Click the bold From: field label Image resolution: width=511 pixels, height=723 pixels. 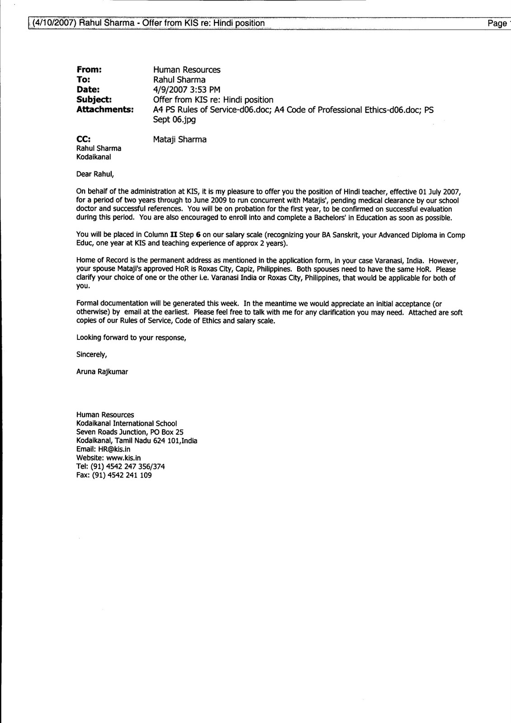[89, 70]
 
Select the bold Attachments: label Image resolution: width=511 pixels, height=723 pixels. [105, 110]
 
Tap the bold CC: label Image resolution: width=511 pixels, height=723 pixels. [84, 139]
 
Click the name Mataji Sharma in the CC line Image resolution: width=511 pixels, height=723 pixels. [180, 139]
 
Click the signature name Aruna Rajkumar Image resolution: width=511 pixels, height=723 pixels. [102, 372]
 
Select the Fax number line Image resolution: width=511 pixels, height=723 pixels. [114, 475]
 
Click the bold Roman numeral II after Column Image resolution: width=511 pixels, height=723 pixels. [172, 235]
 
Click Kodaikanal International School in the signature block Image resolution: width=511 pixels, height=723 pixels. [126, 423]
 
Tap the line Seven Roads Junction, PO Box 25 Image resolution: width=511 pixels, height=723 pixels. [130, 432]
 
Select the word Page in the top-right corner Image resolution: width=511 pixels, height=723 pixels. [497, 23]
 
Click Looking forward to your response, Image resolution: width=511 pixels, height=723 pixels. [131, 338]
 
